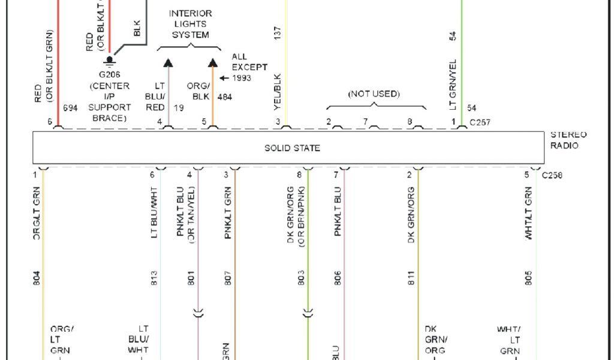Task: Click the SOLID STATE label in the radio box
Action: point(292,148)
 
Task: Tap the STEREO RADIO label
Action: point(568,140)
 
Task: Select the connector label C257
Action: point(480,122)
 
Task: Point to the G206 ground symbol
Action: point(109,61)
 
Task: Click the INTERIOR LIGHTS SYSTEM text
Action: point(189,24)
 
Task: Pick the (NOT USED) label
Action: point(374,94)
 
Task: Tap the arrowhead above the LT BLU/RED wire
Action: point(168,62)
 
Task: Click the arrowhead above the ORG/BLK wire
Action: point(212,62)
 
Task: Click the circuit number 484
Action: point(225,97)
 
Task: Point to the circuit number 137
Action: point(277,34)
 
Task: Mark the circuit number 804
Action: point(37,278)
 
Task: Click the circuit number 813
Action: point(154,278)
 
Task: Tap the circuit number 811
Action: point(411,278)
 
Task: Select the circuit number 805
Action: point(528,278)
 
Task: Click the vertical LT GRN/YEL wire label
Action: point(453,85)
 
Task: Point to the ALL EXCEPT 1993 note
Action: point(248,67)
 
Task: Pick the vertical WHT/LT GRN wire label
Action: point(528,214)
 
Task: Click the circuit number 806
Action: point(338,278)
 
